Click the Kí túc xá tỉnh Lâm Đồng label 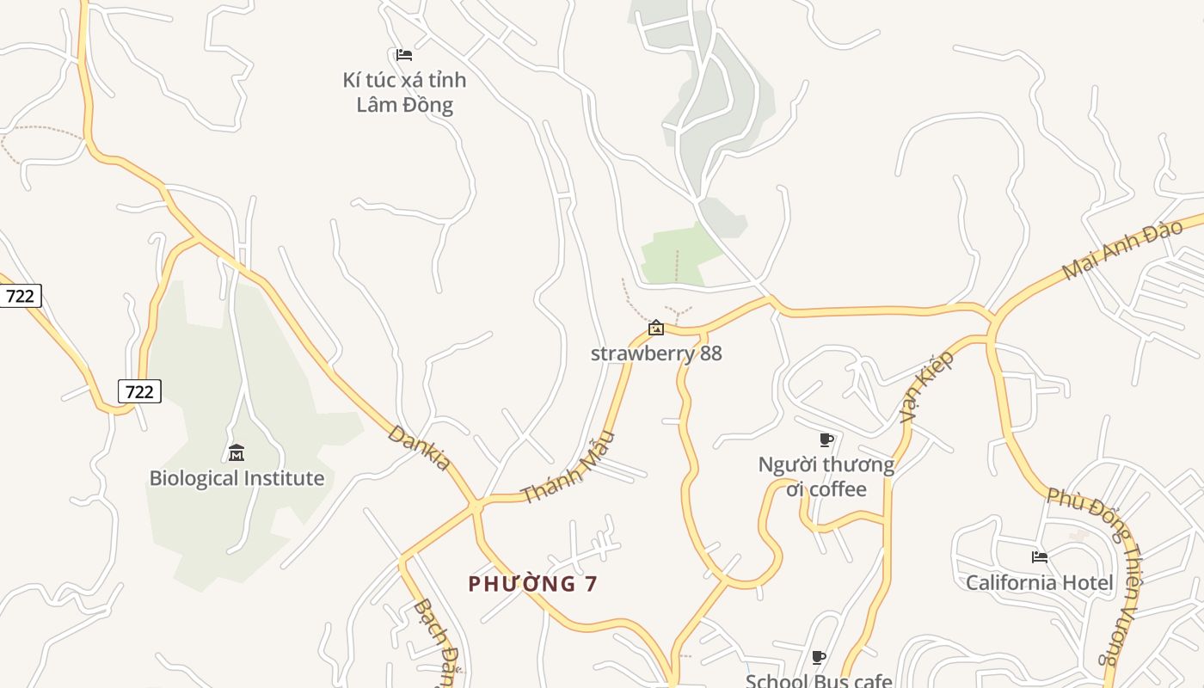pos(404,92)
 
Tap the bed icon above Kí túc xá pos(404,55)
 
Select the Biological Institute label pos(236,478)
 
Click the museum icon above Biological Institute pos(236,452)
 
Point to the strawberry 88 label pos(656,353)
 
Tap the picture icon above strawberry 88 pos(656,328)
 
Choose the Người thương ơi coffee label pos(826,476)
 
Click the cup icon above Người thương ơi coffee pos(826,440)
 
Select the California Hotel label pos(1040,582)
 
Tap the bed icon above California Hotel pos(1040,557)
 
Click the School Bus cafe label pos(818,681)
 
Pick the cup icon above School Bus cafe pos(819,658)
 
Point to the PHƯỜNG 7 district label pos(532,584)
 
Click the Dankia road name pos(420,447)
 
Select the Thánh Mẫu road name pos(569,467)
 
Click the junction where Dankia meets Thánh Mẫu pos(474,502)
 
